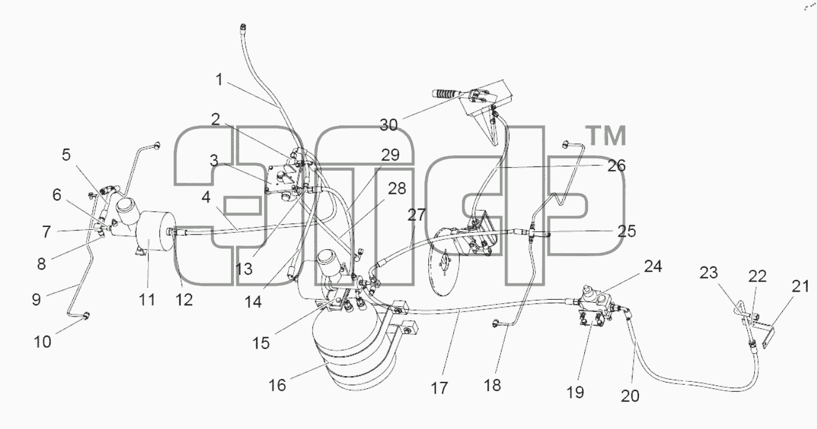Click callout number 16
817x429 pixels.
tap(277, 385)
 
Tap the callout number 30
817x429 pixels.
tap(389, 125)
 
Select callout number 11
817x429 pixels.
tap(147, 300)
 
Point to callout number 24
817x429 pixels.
tap(653, 267)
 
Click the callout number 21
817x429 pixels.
tap(801, 286)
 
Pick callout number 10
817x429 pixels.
tap(42, 342)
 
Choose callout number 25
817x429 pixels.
tap(627, 231)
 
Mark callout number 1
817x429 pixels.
tap(219, 80)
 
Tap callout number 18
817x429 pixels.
tap(492, 385)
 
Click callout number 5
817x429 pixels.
tap(66, 155)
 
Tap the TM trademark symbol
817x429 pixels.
tap(605, 136)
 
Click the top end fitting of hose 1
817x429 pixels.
tap(243, 27)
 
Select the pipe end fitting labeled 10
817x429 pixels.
tap(87, 316)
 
